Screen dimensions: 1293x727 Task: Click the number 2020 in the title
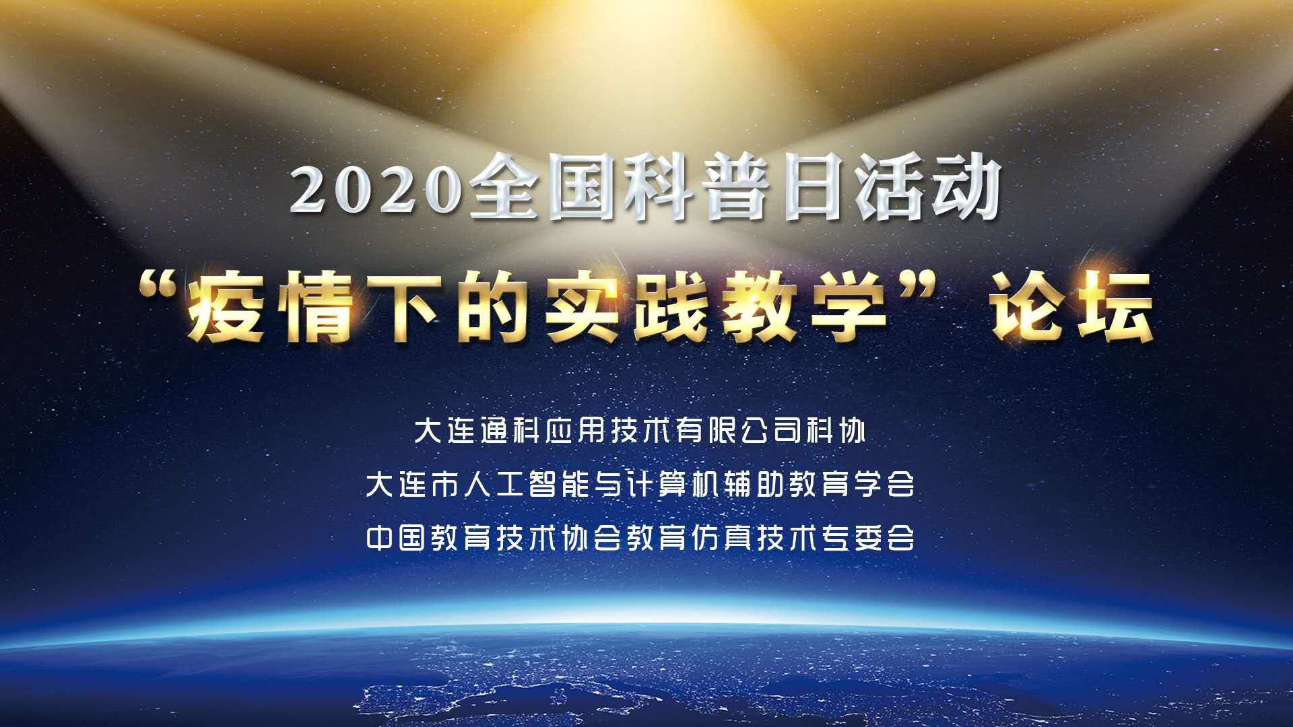click(x=377, y=190)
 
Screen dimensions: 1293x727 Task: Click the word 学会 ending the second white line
click(x=885, y=484)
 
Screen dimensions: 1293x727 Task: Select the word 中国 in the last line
click(x=395, y=538)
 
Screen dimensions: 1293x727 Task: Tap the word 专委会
click(x=869, y=538)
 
